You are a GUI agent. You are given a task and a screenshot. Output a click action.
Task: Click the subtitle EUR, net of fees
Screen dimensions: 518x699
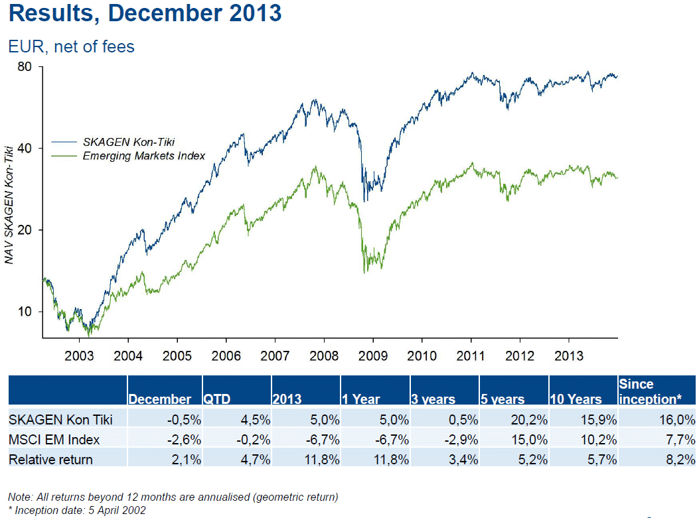point(71,46)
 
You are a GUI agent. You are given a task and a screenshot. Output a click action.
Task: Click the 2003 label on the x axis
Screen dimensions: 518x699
point(79,356)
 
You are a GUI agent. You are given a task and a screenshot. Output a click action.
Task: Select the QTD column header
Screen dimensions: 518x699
point(219,399)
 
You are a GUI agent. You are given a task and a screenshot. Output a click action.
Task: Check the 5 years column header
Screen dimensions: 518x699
point(503,399)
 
